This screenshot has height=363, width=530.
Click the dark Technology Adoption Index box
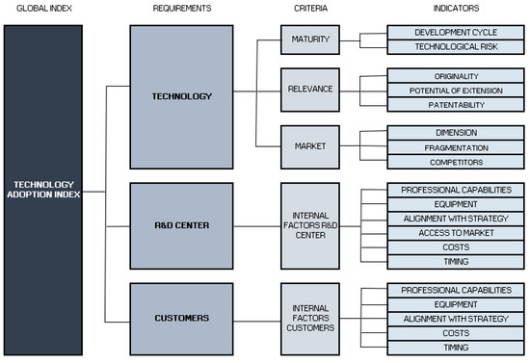pyautogui.click(x=41, y=188)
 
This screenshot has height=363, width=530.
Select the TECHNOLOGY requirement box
pyautogui.click(x=181, y=96)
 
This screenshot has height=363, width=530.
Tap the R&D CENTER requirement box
pyautogui.click(x=181, y=226)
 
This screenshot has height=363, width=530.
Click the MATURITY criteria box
pyautogui.click(x=309, y=39)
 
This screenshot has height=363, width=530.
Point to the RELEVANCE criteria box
pyautogui.click(x=309, y=89)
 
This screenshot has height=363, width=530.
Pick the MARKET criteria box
pyautogui.click(x=309, y=145)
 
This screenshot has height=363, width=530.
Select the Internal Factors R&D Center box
pyautogui.click(x=309, y=224)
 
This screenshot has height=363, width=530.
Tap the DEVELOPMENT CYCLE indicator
pyautogui.click(x=449, y=32)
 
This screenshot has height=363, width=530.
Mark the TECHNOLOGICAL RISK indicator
pyautogui.click(x=449, y=46)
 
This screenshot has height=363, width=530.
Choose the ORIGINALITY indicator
pyautogui.click(x=449, y=74)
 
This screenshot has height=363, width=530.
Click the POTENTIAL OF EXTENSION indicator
pyautogui.click(x=449, y=89)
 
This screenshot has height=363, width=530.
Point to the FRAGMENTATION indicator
pyautogui.click(x=449, y=147)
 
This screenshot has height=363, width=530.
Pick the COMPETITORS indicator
pyautogui.click(x=449, y=162)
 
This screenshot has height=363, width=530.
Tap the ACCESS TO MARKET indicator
pyautogui.click(x=449, y=233)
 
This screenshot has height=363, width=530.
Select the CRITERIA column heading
pyautogui.click(x=310, y=9)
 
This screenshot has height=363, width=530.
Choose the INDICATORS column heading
pyautogui.click(x=449, y=9)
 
